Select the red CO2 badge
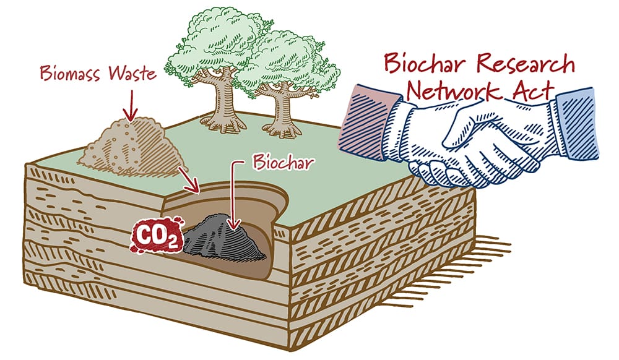point(157,236)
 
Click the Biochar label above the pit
point(284,162)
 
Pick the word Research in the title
point(524,63)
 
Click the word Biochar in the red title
point(426,62)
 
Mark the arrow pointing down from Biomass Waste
point(131,105)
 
